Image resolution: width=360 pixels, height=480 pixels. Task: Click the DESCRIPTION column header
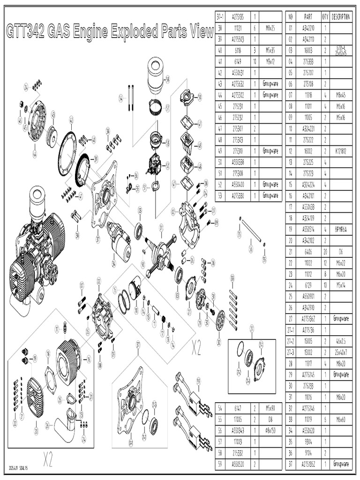pos(341,16)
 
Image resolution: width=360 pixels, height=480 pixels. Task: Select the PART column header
pos(308,16)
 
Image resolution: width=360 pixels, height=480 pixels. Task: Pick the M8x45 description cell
pos(341,95)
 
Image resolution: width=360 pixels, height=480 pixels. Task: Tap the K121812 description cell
pos(341,150)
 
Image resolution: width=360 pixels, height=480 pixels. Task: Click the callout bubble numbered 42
pos(71,120)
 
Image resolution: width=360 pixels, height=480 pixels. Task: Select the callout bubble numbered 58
pos(167,78)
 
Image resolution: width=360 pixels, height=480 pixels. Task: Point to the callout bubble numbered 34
pos(113,264)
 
